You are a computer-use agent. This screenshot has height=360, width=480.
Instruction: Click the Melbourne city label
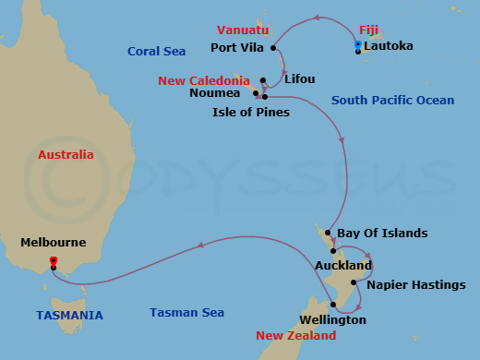[53, 243]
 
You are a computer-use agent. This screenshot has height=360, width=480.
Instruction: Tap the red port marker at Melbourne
[53, 260]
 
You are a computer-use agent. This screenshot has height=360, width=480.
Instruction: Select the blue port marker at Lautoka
[358, 44]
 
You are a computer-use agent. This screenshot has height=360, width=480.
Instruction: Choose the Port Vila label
[239, 48]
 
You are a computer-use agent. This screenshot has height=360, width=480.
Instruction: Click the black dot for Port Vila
[275, 48]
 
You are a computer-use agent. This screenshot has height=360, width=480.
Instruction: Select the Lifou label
[299, 79]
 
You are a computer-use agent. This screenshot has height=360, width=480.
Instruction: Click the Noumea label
[219, 93]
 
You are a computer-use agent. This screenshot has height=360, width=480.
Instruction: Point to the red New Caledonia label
[204, 80]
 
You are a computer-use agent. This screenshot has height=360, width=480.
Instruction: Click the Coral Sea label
[156, 52]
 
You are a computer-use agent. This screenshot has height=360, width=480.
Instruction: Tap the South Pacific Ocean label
[392, 100]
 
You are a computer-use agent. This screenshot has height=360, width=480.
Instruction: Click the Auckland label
[343, 266]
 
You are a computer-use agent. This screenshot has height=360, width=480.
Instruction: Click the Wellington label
[333, 320]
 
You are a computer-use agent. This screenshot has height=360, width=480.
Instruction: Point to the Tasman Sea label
[187, 313]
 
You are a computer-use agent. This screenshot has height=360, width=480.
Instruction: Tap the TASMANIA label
[69, 315]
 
